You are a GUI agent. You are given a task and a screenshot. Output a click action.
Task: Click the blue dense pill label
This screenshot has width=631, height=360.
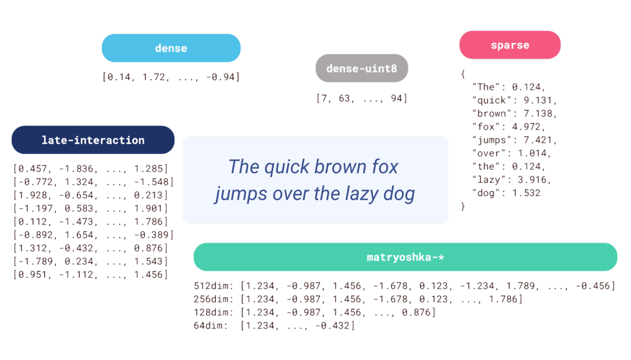tap(171, 48)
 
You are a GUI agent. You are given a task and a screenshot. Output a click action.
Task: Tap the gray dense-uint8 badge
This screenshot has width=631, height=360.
tap(362, 68)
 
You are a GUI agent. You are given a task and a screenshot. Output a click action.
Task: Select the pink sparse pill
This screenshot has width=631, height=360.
tap(510, 45)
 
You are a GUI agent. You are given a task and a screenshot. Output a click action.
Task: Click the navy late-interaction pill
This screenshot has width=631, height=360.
tap(93, 140)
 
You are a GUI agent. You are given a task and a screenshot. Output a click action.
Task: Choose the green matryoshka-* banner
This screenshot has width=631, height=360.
tap(405, 257)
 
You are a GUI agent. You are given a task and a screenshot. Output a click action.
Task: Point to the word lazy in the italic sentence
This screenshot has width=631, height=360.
tap(361, 194)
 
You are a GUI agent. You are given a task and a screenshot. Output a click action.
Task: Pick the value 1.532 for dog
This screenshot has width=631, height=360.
tap(526, 193)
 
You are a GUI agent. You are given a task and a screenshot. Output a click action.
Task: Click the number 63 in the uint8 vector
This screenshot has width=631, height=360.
tap(344, 98)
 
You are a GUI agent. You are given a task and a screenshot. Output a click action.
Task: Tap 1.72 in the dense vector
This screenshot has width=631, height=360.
tap(154, 77)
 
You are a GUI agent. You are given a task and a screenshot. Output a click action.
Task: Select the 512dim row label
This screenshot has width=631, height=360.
tap(213, 286)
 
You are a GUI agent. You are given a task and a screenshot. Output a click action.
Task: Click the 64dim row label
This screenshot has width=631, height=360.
tap(210, 326)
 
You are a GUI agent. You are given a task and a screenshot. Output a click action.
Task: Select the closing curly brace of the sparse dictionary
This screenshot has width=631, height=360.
tap(463, 206)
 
